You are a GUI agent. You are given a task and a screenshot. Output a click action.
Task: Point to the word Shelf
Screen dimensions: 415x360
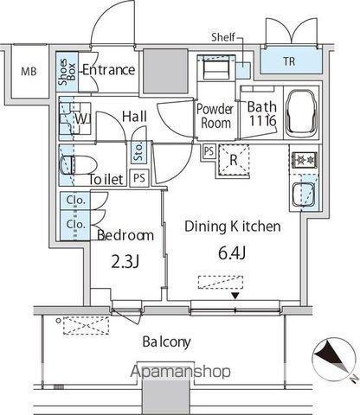click(x=224, y=37)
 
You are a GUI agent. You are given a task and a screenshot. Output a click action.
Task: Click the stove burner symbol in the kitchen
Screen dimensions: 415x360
click(x=304, y=160)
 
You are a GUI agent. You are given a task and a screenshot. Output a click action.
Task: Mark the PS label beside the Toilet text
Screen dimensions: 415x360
click(x=138, y=179)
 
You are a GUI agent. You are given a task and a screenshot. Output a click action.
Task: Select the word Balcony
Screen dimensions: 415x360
click(x=167, y=342)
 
